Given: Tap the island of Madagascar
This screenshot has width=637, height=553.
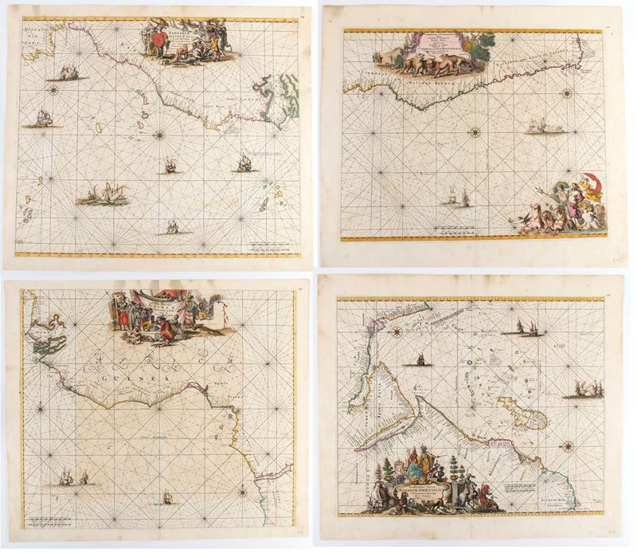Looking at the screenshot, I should click(x=522, y=414).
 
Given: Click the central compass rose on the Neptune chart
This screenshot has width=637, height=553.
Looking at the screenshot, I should click(x=475, y=131).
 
